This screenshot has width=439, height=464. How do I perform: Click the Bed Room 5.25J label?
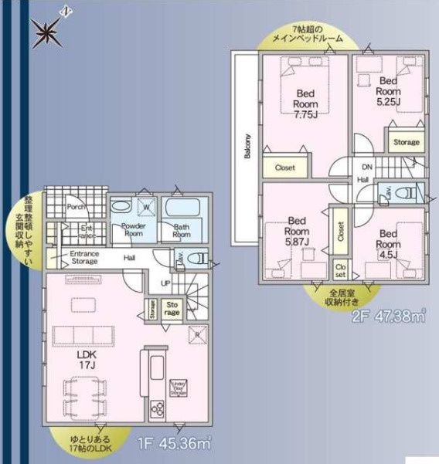tap(387, 90)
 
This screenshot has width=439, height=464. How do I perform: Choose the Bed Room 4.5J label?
tap(387, 242)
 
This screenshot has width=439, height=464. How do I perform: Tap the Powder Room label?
tap(134, 230)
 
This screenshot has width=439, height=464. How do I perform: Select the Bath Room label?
tap(182, 231)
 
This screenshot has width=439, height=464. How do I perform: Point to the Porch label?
tap(75, 206)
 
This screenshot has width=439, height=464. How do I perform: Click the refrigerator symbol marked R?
tap(195, 334)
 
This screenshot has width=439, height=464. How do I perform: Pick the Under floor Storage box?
tap(179, 386)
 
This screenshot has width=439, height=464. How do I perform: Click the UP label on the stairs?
tap(165, 283)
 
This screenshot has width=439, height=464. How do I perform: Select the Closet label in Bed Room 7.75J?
tap(284, 167)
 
